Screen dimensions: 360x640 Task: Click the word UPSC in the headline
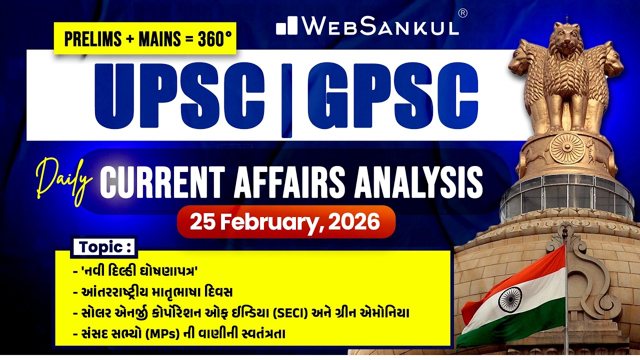[x=177, y=95]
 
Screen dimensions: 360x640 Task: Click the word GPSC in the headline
[x=392, y=95]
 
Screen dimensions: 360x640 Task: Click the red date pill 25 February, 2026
[x=286, y=221]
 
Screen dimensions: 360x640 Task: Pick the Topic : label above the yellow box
[x=104, y=247]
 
